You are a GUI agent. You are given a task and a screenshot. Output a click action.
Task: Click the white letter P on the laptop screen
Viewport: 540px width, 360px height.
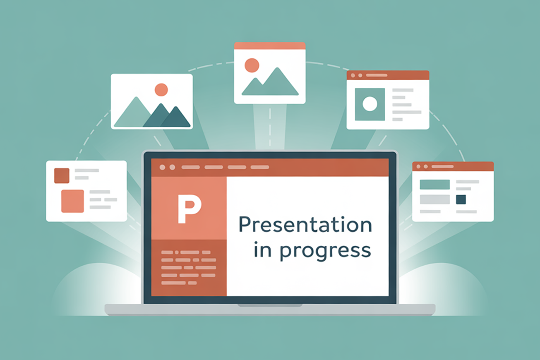pos(189,209)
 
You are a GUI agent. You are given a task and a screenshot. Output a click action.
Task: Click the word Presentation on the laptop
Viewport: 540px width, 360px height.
pos(305,225)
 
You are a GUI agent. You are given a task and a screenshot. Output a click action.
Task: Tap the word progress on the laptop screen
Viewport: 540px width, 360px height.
pos(325,251)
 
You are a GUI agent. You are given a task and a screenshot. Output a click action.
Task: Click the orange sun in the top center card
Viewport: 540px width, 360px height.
pos(252,65)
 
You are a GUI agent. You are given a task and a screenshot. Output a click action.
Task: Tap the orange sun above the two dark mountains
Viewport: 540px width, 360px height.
pos(161,90)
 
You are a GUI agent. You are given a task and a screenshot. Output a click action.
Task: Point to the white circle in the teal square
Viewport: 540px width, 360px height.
pos(370,104)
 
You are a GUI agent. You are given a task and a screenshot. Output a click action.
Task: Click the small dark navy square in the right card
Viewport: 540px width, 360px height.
pos(461,199)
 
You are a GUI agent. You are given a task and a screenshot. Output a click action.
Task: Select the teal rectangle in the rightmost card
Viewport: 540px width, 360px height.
pos(434,185)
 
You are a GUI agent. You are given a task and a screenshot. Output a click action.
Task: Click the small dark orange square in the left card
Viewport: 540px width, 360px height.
pos(62,176)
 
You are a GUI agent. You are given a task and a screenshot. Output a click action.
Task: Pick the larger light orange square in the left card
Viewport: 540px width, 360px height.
pos(72,201)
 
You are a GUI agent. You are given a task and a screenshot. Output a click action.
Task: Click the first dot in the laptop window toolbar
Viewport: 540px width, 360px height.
pos(163,167)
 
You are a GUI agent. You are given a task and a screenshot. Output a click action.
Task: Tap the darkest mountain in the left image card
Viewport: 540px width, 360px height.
pos(175,118)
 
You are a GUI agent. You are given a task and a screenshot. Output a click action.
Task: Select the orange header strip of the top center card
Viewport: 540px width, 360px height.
pos(270,46)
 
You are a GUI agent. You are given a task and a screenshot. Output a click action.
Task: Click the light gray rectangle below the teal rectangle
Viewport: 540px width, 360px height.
pos(434,199)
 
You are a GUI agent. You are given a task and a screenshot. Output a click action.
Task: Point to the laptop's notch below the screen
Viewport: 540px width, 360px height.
pos(270,305)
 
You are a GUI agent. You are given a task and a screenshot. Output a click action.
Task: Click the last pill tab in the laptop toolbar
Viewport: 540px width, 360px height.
pos(259,167)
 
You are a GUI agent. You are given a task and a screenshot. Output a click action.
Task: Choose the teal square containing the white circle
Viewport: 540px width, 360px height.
pos(370,104)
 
